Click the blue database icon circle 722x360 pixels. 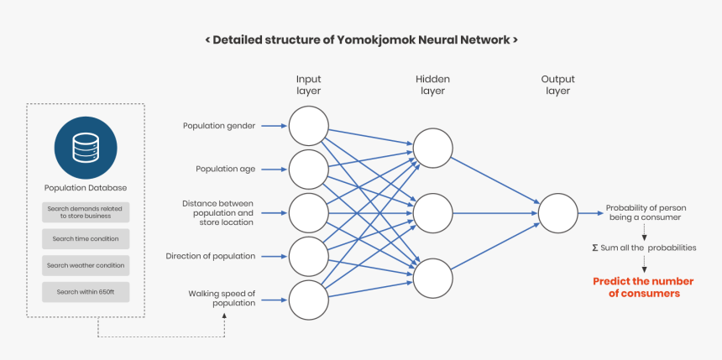(x=86, y=149)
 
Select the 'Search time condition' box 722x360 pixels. (x=86, y=239)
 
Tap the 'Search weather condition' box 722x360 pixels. (x=86, y=265)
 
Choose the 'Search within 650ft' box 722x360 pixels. (x=86, y=291)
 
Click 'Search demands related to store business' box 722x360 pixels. (x=86, y=212)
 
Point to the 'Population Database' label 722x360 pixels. (x=86, y=187)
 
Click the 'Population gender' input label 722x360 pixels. (x=219, y=126)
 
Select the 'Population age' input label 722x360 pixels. (x=225, y=169)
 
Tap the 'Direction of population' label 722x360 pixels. (x=210, y=256)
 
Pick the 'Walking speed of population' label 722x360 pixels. (x=222, y=298)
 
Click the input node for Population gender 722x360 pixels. (x=308, y=126)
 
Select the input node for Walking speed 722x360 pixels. (x=308, y=300)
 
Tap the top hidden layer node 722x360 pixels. (x=432, y=148)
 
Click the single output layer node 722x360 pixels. (x=558, y=213)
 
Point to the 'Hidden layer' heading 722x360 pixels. (x=432, y=85)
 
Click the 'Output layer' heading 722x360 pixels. (x=558, y=85)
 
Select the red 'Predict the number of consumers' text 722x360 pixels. (x=636, y=288)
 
